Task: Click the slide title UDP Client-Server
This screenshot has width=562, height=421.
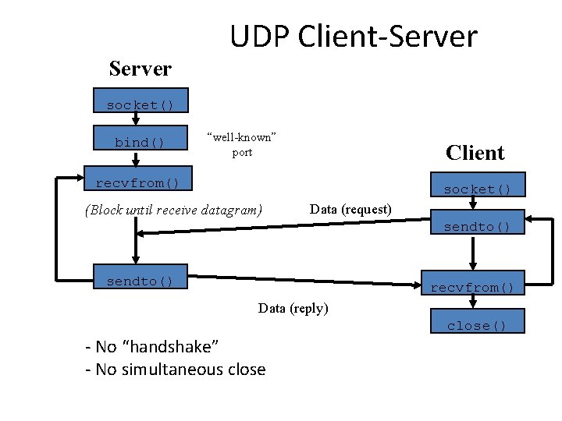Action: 353,36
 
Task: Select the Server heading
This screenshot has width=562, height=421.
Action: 140,69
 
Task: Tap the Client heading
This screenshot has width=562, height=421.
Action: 475,152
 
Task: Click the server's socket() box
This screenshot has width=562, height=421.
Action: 140,104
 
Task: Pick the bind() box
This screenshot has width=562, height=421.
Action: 140,143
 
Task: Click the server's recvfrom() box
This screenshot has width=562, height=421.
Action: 137,183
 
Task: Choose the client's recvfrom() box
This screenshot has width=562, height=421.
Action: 473,288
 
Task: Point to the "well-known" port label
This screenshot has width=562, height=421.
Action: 242,144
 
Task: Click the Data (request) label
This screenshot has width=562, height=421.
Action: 350,209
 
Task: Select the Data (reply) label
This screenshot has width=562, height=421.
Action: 293,308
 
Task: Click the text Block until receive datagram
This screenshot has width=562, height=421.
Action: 173,210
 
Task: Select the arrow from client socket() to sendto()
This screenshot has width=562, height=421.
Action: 473,206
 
